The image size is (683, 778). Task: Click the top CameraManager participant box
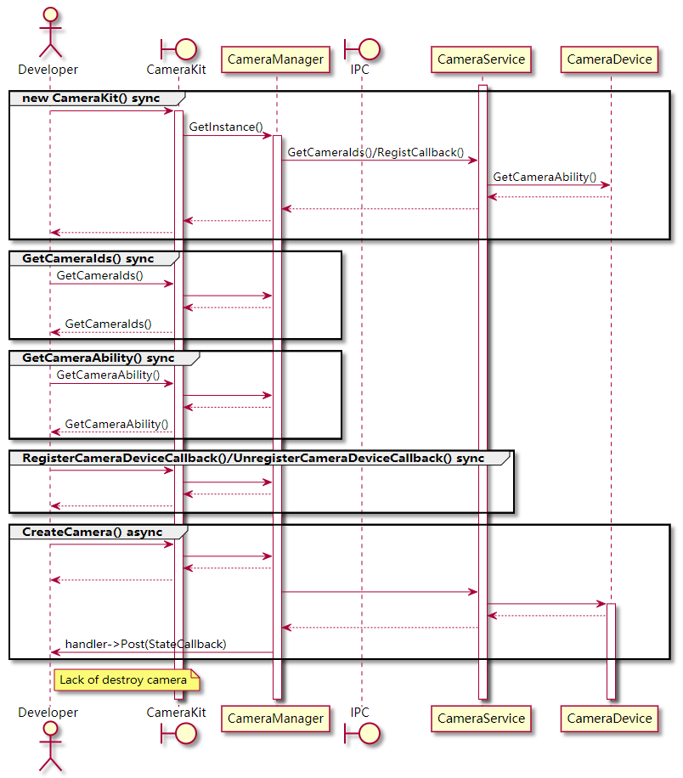(x=276, y=59)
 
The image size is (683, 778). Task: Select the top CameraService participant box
(x=482, y=59)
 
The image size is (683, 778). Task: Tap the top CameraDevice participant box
(x=609, y=59)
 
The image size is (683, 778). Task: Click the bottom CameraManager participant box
(x=276, y=719)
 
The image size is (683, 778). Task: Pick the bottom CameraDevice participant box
(x=609, y=719)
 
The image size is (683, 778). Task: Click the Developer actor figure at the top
(x=48, y=32)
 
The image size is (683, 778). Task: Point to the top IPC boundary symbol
(x=360, y=48)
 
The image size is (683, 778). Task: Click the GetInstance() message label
(x=226, y=127)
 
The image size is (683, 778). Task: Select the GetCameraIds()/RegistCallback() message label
(x=375, y=153)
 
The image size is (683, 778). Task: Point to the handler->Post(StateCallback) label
(x=145, y=644)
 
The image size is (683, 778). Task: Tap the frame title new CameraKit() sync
(x=91, y=99)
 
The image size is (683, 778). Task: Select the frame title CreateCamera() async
(x=92, y=532)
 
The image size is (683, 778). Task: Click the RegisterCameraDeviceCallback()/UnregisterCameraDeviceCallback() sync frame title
(x=253, y=458)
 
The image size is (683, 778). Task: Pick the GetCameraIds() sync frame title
(x=88, y=257)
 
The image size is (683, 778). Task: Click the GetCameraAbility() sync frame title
(x=99, y=358)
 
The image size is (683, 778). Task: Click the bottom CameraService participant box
(x=482, y=719)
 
